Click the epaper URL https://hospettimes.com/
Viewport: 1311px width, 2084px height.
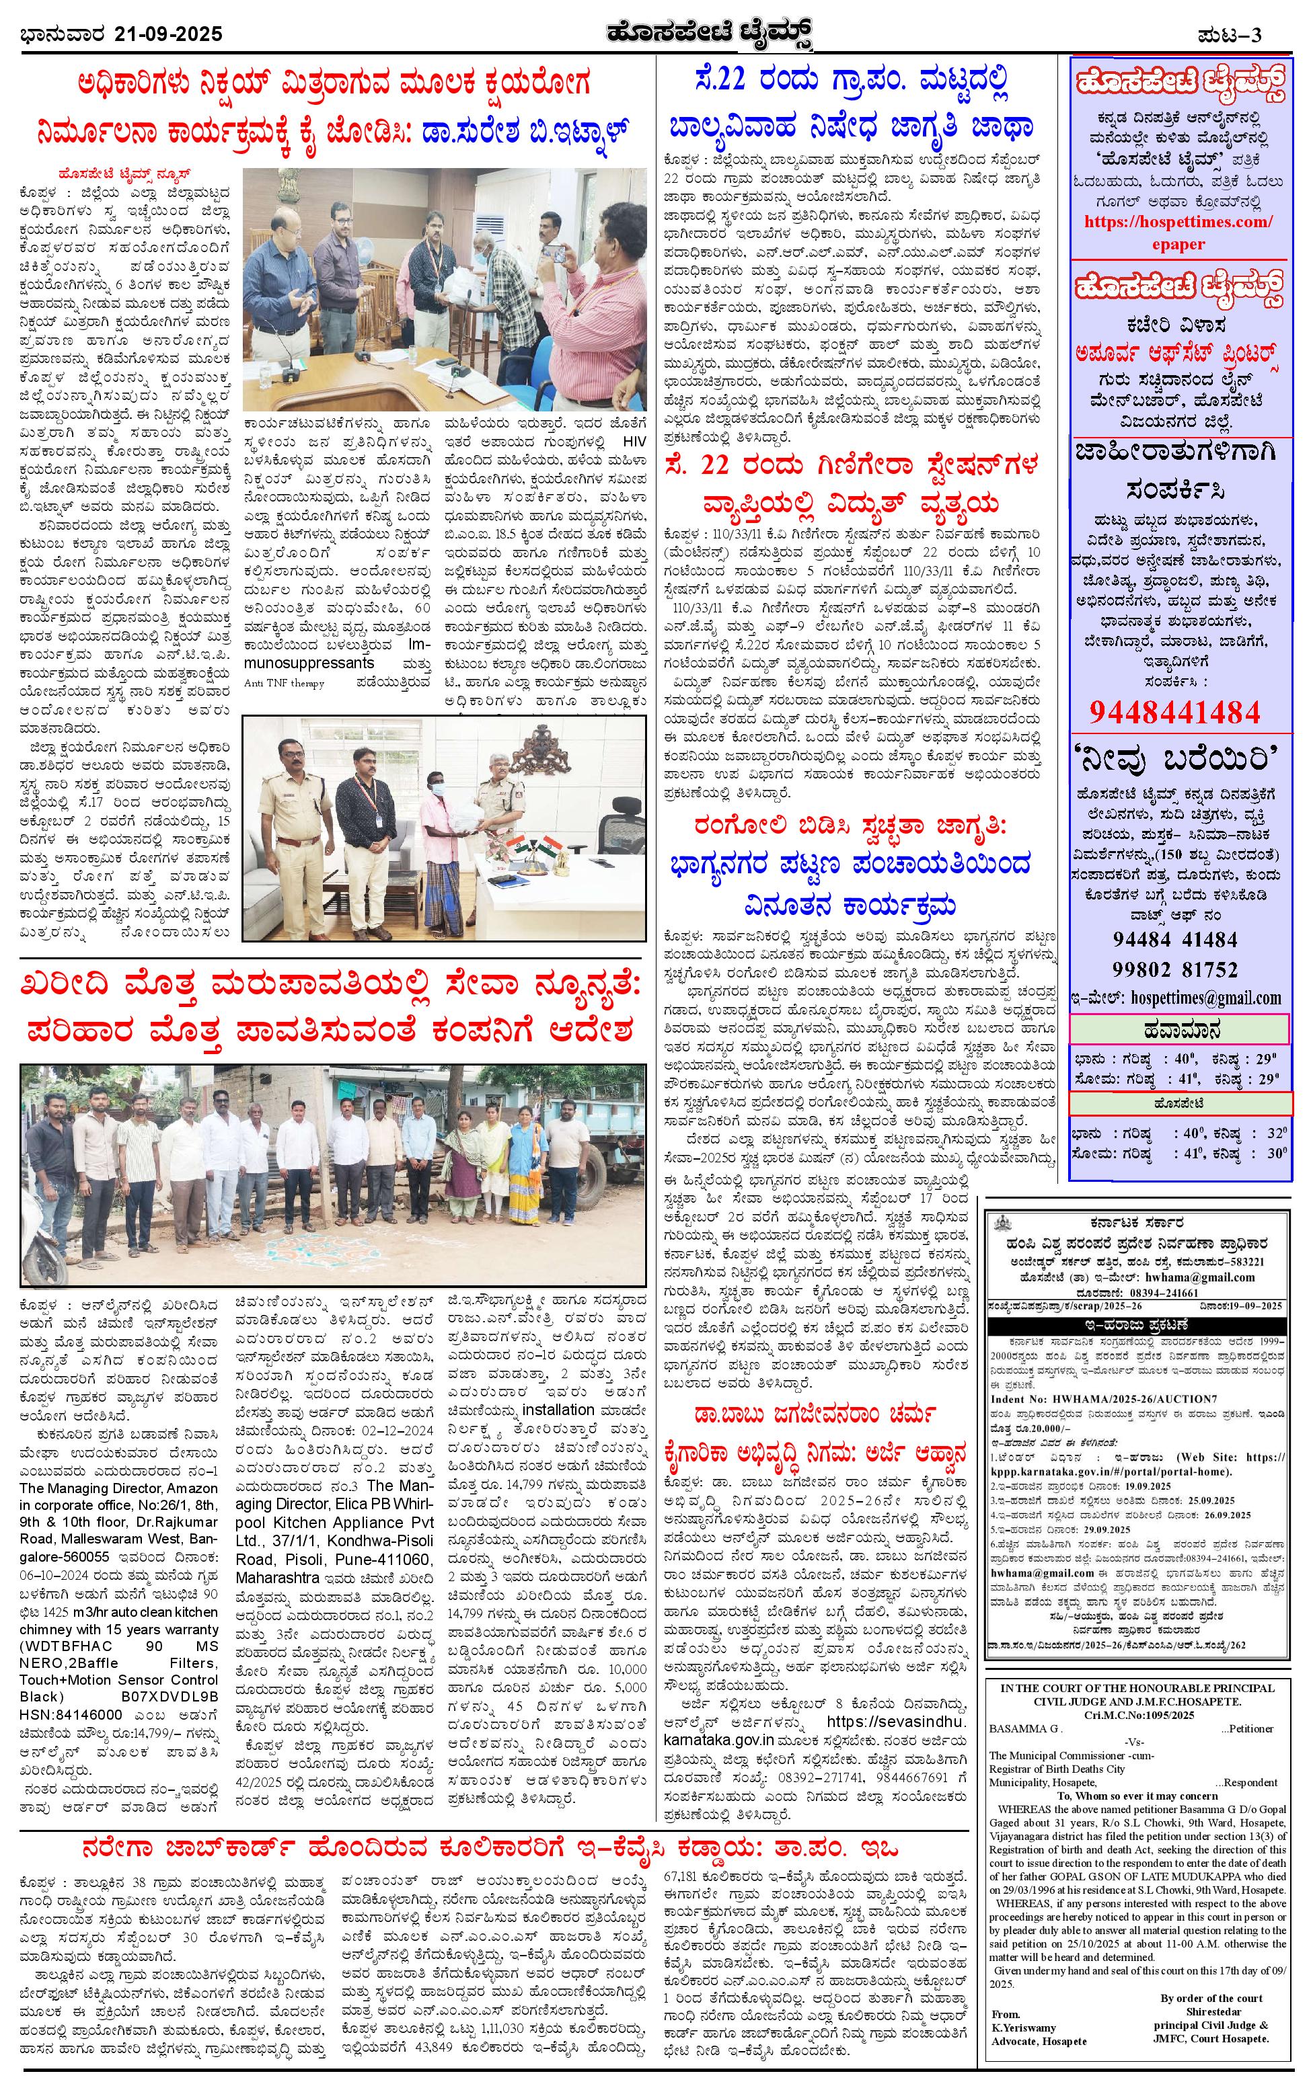tap(1179, 222)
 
